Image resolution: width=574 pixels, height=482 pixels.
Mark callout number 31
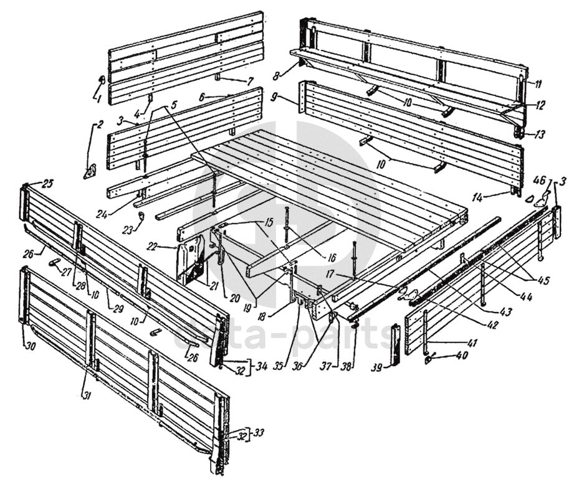(x=85, y=395)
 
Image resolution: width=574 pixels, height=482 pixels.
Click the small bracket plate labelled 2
(x=90, y=170)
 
